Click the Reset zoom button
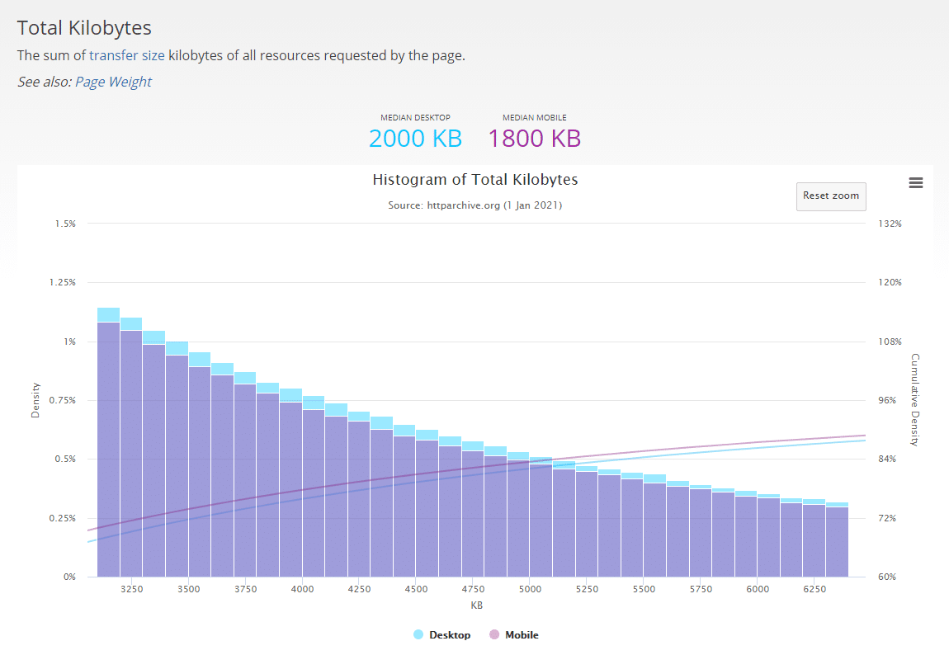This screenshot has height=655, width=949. pos(831,196)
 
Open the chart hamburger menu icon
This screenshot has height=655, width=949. pos(915,183)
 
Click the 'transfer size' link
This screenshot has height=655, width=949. pos(126,56)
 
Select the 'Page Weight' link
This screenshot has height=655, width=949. pos(113,82)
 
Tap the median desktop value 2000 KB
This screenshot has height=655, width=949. pos(415,138)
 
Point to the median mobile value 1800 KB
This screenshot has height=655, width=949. pos(534,138)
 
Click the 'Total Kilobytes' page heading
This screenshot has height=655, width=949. pos(84,27)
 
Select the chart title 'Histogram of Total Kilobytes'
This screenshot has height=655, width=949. pos(475,180)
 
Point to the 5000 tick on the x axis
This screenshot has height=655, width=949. pos(530,590)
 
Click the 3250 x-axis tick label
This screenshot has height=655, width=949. pos(131,590)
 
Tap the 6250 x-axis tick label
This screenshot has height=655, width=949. pos(814,590)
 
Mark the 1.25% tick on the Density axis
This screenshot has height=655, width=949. pos(63,282)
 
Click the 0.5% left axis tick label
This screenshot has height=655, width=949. pos(65,459)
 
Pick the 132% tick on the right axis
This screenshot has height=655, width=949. pos(890,224)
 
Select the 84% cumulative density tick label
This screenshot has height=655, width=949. pos(887,459)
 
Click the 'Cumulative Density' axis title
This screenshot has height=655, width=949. pos(914,400)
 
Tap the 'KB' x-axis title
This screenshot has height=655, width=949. pos(476,606)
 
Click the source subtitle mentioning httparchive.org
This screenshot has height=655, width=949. pos(475,205)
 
